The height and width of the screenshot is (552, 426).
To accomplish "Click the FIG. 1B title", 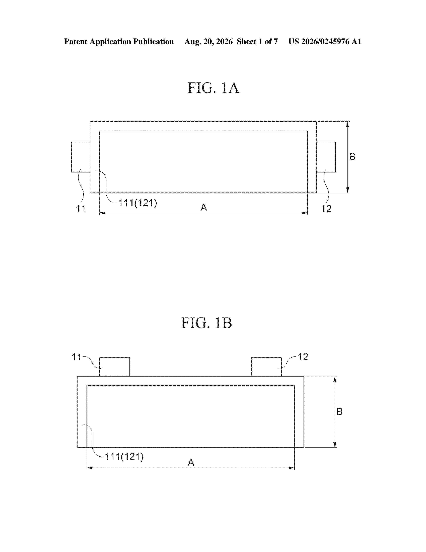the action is [x=207, y=323].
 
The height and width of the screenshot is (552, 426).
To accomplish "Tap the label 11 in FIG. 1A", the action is [x=81, y=209].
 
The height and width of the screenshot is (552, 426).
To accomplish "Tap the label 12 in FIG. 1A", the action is [x=326, y=209].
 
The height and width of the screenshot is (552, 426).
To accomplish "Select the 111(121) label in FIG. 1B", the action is [x=124, y=457].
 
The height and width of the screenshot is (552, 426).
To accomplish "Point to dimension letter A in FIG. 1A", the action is [x=204, y=207].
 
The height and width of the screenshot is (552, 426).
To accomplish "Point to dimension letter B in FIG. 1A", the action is [x=352, y=157].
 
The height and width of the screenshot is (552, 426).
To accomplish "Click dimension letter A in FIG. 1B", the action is [x=191, y=462].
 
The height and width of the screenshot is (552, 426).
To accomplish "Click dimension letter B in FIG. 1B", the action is [x=339, y=412].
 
